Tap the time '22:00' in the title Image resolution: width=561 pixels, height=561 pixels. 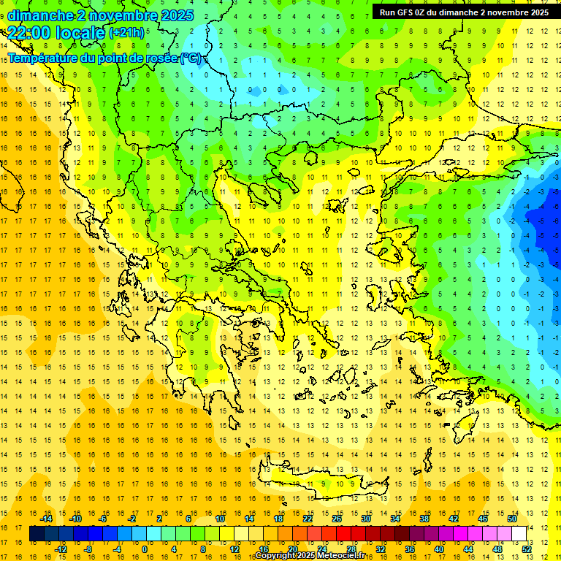pos(28,33)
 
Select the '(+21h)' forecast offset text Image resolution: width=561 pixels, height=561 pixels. pos(126,33)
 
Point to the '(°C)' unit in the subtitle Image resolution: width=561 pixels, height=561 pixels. pos(191,58)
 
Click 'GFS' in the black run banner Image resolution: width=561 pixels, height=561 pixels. pos(408,12)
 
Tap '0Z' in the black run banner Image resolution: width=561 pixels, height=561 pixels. pos(426,12)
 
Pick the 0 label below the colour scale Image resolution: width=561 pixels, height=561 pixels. pos(144,549)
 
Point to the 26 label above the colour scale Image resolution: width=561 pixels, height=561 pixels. pos(336,518)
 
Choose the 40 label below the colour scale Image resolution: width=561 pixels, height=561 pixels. pos(439,549)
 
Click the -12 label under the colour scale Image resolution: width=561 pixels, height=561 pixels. pos(61,549)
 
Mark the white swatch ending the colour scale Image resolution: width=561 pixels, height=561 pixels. pos(519,533)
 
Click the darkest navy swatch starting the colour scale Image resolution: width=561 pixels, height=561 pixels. pos(37,533)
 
